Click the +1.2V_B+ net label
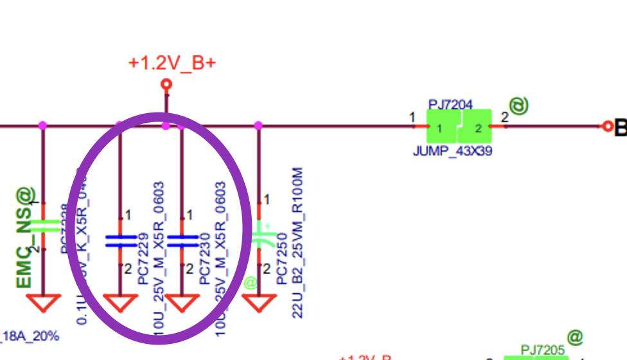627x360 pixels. click(172, 63)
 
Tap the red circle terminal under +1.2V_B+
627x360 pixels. click(166, 84)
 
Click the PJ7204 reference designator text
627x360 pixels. click(450, 104)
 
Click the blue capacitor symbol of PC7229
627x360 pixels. click(121, 240)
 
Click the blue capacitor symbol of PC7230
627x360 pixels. click(182, 240)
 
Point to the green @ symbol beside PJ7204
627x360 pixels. click(519, 105)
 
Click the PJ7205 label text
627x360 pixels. click(542, 349)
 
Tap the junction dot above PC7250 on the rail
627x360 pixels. click(259, 125)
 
